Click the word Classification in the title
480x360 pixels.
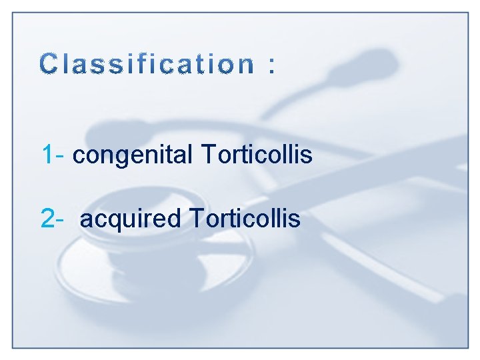click(147, 65)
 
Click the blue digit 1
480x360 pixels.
click(47, 155)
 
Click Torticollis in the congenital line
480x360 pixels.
click(255, 155)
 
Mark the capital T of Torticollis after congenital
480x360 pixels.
click(205, 155)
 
